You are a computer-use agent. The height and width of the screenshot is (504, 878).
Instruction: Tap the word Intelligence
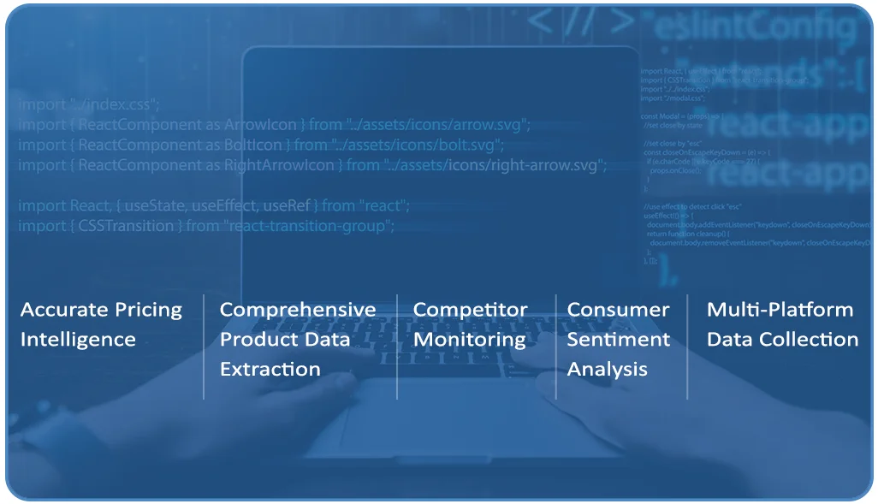78,340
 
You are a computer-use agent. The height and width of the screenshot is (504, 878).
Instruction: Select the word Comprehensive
298,310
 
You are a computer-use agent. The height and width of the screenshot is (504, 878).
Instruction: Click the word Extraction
270,370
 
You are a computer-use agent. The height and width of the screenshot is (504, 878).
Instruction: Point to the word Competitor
470,310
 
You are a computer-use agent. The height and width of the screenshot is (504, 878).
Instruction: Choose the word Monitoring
469,340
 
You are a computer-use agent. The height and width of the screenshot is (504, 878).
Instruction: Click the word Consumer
618,310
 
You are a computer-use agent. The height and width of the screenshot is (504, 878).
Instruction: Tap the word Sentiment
618,340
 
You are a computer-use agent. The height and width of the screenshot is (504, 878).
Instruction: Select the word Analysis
607,370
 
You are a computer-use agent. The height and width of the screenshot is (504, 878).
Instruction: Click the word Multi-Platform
780,310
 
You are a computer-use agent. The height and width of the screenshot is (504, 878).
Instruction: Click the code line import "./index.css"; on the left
89,104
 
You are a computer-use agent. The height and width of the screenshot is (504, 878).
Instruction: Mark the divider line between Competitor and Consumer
556,347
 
